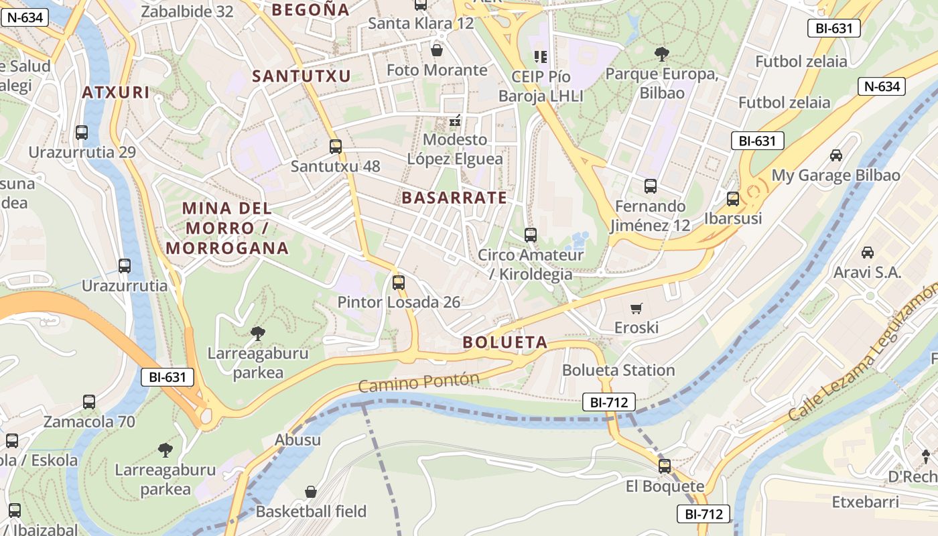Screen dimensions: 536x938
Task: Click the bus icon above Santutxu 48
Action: [x=336, y=146]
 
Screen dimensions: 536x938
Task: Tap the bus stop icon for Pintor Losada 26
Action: [x=399, y=283]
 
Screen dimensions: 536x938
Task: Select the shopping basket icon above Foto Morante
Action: [x=437, y=50]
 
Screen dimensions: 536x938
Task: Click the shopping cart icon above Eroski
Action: [x=636, y=308]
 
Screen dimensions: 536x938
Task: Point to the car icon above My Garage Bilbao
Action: [x=835, y=155]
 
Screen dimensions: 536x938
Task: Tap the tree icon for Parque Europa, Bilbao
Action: [x=661, y=54]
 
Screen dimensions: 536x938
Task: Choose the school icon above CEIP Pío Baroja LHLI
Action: [x=540, y=57]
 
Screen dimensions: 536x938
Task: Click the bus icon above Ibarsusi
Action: [x=733, y=199]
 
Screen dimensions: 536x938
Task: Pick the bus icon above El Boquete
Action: [x=665, y=466]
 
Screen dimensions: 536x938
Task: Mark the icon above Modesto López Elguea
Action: [x=455, y=121]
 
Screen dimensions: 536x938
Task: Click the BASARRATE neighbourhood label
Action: [x=454, y=198]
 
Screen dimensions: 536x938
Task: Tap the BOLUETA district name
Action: [x=505, y=342]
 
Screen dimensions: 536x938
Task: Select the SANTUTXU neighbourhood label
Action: [x=301, y=76]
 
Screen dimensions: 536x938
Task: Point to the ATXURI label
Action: [x=116, y=92]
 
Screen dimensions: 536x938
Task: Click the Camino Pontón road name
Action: [x=419, y=383]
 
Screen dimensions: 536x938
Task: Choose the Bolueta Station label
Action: [x=618, y=370]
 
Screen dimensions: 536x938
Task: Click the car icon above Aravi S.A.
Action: [x=868, y=253]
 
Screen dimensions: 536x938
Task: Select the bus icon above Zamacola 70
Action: [x=89, y=402]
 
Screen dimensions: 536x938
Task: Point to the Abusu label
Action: [x=297, y=440]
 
